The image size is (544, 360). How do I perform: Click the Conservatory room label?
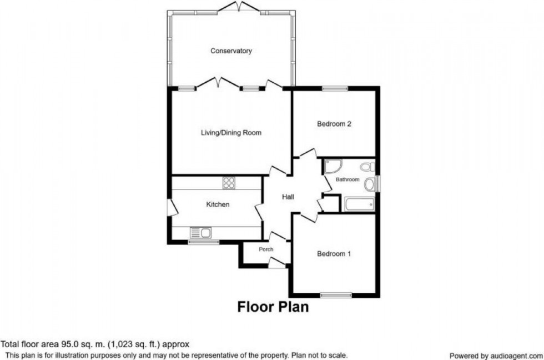click(231, 51)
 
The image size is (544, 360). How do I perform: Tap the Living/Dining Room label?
click(231, 133)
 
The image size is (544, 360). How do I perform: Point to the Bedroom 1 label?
click(334, 254)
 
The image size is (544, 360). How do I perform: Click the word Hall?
click(288, 197)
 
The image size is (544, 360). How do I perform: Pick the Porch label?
click(266, 249)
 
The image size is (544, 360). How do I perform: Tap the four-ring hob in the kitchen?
click(229, 182)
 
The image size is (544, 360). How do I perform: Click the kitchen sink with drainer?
click(199, 233)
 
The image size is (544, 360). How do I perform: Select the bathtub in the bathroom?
click(358, 204)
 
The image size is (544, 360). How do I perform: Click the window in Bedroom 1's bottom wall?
click(336, 294)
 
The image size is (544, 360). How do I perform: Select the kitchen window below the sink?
click(203, 242)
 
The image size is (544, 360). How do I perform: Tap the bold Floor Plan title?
click(273, 307)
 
